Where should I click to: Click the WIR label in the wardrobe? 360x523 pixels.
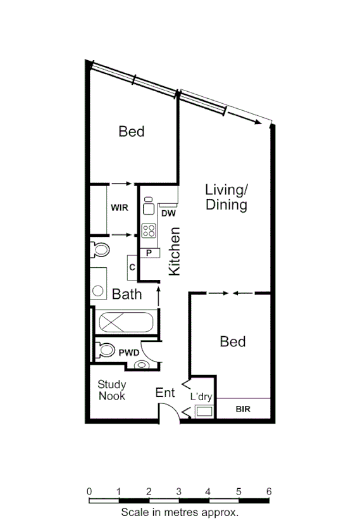point(120,208)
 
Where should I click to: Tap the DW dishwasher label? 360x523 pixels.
point(168,213)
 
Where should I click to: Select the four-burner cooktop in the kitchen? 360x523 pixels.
point(149,230)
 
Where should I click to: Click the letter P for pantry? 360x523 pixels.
point(149,253)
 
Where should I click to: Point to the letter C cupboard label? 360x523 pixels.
point(132,267)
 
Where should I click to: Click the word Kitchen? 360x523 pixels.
point(175,251)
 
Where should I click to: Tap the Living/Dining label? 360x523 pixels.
point(226,198)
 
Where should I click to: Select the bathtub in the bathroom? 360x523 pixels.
point(124,322)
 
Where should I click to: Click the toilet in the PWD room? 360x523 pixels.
point(106,350)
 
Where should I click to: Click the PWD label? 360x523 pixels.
point(130,352)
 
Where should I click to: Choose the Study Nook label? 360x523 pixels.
point(111,390)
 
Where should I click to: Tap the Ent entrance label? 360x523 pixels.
point(164,393)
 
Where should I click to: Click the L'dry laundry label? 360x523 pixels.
point(201,396)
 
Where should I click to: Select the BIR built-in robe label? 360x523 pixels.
point(243,410)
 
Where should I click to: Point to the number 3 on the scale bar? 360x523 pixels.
point(179,491)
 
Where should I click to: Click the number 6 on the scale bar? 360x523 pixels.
point(270,491)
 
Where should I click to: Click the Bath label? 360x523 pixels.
point(127,294)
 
